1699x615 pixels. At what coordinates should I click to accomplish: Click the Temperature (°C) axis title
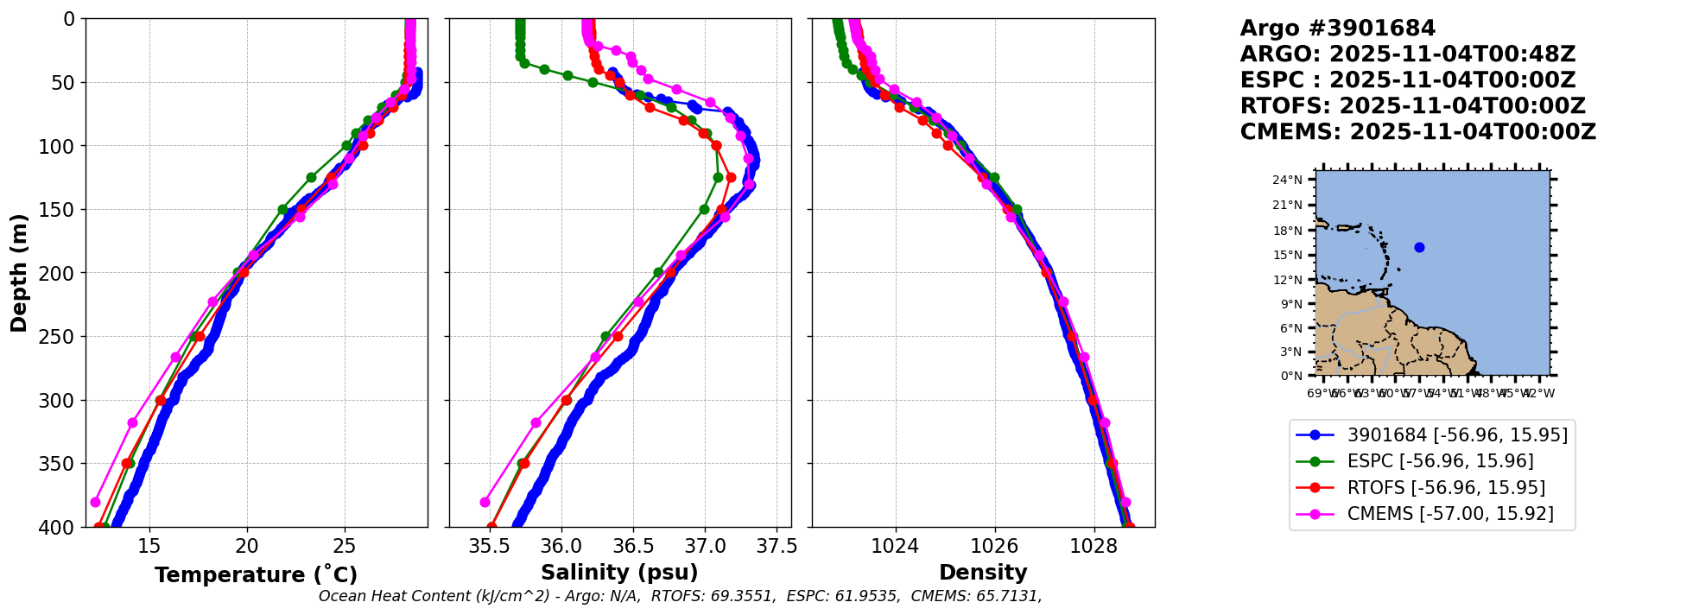point(256,574)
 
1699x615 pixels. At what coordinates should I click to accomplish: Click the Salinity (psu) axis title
point(619,573)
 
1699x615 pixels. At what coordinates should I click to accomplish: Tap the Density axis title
point(983,573)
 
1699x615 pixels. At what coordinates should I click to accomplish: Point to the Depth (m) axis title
point(19,273)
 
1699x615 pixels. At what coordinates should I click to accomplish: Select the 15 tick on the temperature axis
point(149,546)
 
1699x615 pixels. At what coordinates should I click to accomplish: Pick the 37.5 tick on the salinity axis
point(777,546)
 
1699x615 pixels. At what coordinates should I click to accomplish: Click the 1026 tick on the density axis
point(994,546)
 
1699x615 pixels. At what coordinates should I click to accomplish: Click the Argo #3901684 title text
point(1337,29)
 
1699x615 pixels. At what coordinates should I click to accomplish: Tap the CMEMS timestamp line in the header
point(1417,132)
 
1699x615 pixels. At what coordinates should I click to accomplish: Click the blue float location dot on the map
point(1419,247)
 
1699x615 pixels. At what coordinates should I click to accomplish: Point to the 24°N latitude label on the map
point(1287,180)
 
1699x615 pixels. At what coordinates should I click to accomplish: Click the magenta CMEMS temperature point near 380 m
point(95,502)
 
